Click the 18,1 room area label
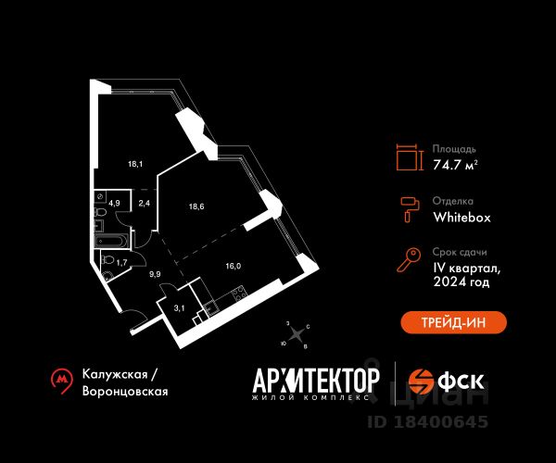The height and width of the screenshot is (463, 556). coord(135,164)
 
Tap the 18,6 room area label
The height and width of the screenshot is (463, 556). coord(196,206)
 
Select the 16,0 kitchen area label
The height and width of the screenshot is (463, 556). coord(233,266)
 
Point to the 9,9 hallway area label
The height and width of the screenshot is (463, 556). coord(155,274)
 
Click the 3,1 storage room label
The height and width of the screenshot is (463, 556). coord(179,308)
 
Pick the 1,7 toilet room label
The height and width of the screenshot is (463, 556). coord(121,262)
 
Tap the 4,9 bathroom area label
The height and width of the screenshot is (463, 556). coord(114,203)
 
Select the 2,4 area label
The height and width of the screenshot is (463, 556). coord(144,203)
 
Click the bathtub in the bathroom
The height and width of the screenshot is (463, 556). coord(111,241)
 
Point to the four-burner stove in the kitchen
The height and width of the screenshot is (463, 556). coord(239,294)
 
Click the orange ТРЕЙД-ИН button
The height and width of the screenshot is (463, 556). coord(453,322)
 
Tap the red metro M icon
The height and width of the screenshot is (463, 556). coord(62,382)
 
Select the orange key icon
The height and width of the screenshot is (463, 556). coord(409,260)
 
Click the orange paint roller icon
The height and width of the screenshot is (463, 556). coord(410,209)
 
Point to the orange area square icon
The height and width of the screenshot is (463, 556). coord(410,157)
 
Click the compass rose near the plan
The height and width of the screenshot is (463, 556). coord(297,333)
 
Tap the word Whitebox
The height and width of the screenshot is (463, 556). coord(461,218)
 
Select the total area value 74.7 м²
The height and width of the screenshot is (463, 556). coord(455,165)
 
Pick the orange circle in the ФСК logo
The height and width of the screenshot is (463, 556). coord(421,382)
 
